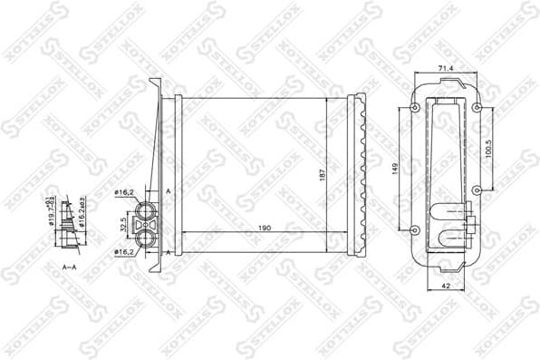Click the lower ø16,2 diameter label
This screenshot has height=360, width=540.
click(123, 251)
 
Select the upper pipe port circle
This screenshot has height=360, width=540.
click(145, 208)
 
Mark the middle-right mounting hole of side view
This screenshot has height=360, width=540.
click(476, 190)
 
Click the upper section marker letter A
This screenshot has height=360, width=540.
click(169, 192)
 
